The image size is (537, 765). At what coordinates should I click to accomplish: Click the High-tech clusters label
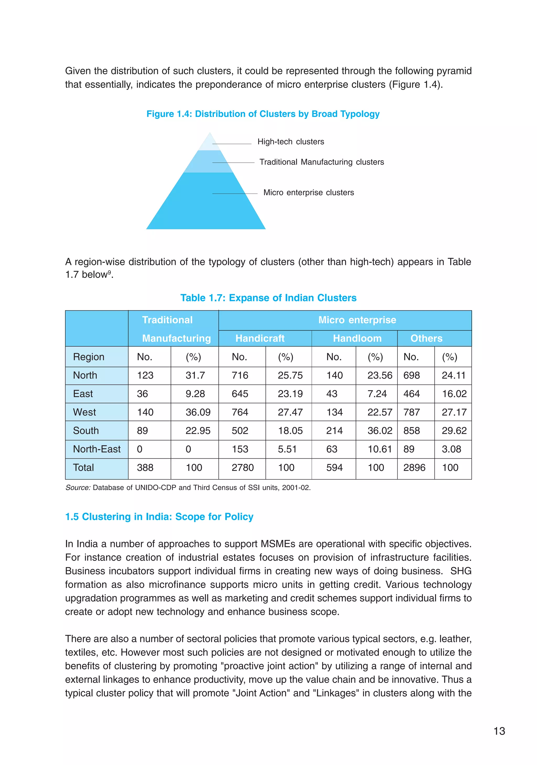291,142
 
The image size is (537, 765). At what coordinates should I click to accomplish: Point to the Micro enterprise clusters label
308,192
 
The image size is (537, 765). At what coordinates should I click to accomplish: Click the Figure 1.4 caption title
263,114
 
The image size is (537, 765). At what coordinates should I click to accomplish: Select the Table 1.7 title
268,298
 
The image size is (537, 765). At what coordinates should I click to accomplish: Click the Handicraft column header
260,339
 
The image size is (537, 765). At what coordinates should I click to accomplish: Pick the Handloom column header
357,339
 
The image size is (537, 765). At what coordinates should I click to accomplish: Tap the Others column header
426,339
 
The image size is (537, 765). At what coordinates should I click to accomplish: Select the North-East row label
96,449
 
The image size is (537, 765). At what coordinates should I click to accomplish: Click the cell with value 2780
243,468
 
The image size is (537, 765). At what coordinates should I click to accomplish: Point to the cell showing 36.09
198,413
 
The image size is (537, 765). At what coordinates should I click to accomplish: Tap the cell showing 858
411,431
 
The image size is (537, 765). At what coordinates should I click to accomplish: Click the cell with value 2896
414,468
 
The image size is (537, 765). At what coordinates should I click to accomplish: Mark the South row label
86,431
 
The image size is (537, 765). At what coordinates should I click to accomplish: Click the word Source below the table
78,488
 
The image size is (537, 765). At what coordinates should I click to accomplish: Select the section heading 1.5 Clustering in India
159,517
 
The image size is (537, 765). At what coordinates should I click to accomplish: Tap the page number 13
499,731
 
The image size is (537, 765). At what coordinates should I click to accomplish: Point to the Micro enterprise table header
357,320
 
